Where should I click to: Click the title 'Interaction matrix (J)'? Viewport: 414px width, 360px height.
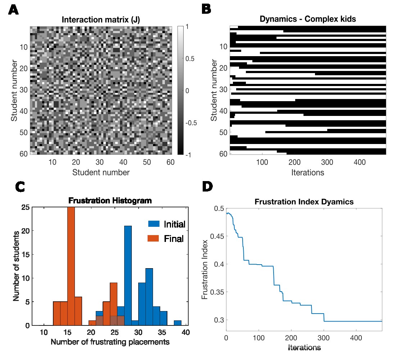click(100, 19)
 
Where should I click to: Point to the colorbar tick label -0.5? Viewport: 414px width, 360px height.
click(191, 123)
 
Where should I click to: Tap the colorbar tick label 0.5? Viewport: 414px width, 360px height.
click(190, 59)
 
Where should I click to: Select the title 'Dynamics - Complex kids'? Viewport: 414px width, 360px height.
click(307, 19)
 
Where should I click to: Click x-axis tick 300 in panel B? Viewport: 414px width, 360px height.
click(327, 162)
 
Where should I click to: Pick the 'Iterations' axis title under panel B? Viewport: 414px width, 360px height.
click(307, 172)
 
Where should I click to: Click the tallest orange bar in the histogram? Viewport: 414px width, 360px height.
click(71, 266)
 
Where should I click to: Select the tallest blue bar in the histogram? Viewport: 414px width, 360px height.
click(128, 275)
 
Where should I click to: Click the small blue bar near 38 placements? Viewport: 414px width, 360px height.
click(178, 323)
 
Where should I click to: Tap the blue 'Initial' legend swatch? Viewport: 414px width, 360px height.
click(154, 224)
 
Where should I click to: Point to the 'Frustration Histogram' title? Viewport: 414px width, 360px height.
click(110, 201)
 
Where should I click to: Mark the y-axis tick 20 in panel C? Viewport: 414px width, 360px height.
click(25, 231)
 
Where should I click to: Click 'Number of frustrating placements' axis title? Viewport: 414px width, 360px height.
click(110, 342)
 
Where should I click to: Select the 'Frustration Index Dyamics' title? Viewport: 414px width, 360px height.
click(304, 202)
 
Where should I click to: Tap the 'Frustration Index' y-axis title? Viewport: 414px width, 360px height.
click(204, 269)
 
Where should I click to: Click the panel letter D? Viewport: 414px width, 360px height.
click(207, 186)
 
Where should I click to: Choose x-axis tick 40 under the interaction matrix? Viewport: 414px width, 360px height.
click(123, 162)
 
